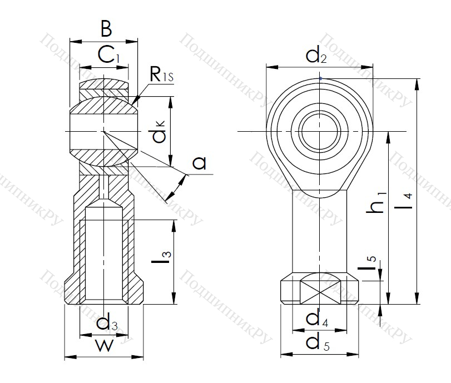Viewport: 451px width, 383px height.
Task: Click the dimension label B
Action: [x=106, y=28]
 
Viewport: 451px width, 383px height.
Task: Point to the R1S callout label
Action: [x=162, y=74]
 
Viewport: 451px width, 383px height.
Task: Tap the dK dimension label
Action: [x=160, y=136]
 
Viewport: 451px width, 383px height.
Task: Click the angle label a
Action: [x=200, y=163]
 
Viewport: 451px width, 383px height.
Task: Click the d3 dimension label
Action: [x=106, y=323]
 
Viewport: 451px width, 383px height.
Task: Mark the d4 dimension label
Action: [x=316, y=318]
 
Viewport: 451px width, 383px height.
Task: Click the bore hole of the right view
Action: [x=320, y=131]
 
